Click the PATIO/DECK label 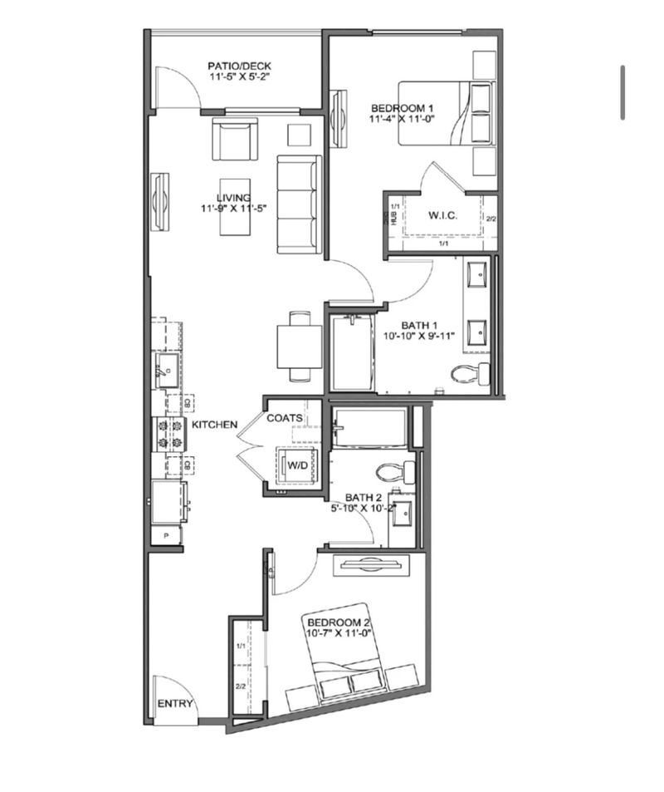[239, 66]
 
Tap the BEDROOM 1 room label [403, 108]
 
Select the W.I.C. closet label [443, 216]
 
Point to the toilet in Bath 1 [470, 373]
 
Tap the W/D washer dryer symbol [296, 465]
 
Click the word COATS [284, 418]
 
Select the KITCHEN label [215, 425]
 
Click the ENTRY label [175, 704]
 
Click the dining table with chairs [299, 346]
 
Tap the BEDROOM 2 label [338, 622]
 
